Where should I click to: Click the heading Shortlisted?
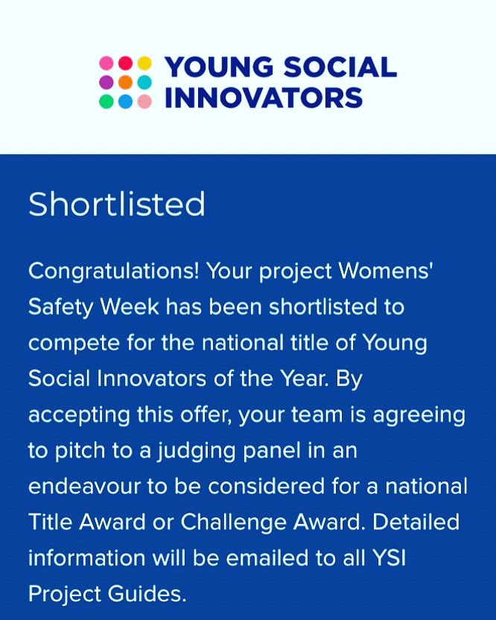coord(116,204)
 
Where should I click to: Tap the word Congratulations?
coord(113,271)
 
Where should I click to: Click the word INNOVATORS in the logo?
coord(263,97)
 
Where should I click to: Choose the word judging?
coord(197,449)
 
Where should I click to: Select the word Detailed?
coord(416,521)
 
